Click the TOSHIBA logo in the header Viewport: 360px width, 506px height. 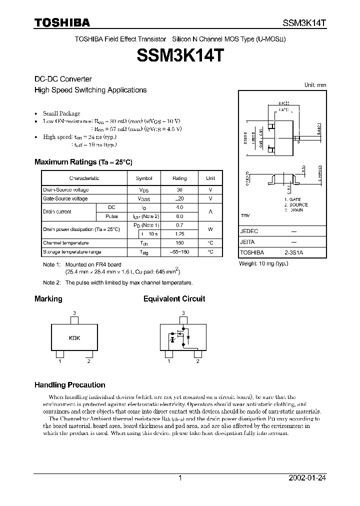62,22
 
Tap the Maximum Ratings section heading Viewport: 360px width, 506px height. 83,162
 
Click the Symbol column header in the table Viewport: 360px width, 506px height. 144,178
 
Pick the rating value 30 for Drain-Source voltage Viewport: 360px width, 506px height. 179,190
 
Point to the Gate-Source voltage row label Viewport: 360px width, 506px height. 65,198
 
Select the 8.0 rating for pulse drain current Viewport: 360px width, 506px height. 179,216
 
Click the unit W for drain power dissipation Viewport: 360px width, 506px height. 210,229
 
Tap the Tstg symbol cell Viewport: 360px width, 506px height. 144,252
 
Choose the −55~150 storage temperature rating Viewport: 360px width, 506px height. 179,252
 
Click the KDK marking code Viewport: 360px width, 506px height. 74,338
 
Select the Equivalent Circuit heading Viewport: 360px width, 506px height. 174,299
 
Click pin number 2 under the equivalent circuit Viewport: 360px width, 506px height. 198,361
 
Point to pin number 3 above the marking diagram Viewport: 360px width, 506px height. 74,313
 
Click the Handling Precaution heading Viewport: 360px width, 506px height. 69,385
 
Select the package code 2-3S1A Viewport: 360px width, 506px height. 293,253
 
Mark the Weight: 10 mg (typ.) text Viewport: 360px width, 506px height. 264,263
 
